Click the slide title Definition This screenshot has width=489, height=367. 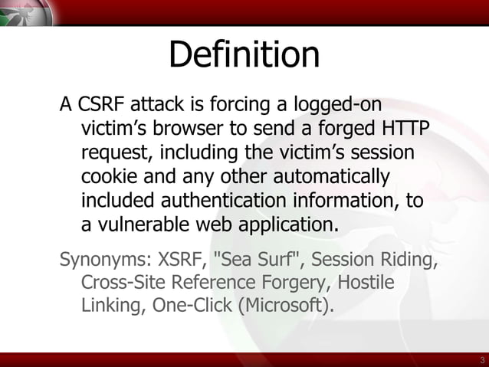point(244,55)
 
